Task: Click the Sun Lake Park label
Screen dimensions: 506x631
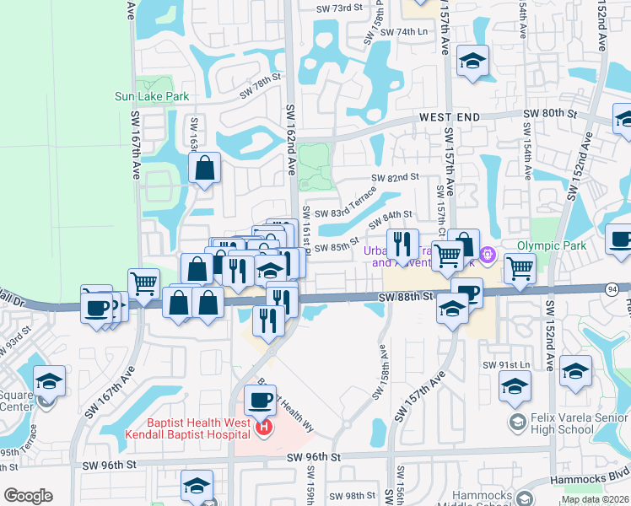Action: (152, 96)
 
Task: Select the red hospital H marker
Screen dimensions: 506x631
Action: (263, 428)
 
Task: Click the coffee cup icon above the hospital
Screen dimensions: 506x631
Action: (260, 399)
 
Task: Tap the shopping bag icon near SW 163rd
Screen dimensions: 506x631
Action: (204, 170)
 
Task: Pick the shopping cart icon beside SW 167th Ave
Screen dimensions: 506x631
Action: (144, 283)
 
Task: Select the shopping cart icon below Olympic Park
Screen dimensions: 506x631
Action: (520, 269)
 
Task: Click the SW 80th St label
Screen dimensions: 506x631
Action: (549, 113)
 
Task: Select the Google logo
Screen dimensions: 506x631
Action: (28, 496)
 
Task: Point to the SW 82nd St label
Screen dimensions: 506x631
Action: (396, 177)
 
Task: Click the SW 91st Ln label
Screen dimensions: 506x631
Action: (505, 364)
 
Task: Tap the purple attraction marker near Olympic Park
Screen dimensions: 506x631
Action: (487, 253)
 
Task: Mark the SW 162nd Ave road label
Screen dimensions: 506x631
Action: (290, 138)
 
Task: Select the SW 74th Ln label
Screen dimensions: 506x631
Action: (405, 32)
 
